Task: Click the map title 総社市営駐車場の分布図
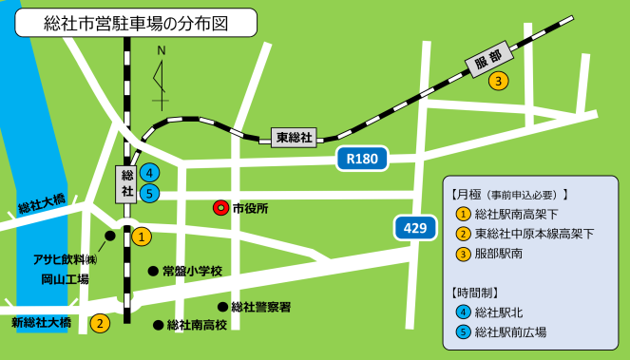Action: (x=136, y=23)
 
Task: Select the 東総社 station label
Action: (x=294, y=138)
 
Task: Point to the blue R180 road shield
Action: (x=362, y=160)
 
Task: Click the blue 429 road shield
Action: (x=412, y=228)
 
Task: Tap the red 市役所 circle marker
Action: (x=220, y=208)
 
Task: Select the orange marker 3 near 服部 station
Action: (x=498, y=82)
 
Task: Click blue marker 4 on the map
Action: (x=149, y=173)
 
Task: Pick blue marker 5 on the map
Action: (x=149, y=193)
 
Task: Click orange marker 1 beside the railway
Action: (x=140, y=237)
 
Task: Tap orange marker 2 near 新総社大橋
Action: (x=99, y=323)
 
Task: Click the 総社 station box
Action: (x=125, y=182)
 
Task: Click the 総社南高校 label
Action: (x=197, y=325)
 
